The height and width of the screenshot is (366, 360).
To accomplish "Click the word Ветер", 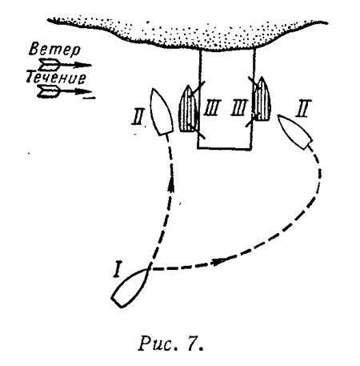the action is point(54,50).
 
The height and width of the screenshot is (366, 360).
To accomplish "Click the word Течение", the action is point(56,78).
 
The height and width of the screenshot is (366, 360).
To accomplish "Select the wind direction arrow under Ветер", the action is point(65,65).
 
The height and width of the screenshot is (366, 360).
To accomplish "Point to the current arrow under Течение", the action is point(66,92).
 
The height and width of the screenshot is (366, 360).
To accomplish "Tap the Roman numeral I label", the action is point(116,270).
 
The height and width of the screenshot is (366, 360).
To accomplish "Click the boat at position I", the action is point(130,288).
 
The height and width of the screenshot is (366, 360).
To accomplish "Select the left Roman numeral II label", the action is point(139,118).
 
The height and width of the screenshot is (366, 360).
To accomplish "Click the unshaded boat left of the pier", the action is point(161,112).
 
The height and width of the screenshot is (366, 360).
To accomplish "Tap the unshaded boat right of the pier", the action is point(295,131).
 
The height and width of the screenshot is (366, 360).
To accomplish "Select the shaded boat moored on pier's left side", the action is point(188,109).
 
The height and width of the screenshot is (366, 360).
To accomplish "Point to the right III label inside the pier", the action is point(240,107).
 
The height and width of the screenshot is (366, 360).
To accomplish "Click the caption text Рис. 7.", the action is point(170,344).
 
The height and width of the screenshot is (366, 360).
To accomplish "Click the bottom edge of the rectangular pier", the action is point(224,148).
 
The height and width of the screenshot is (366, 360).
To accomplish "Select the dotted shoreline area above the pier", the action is point(186,34).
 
